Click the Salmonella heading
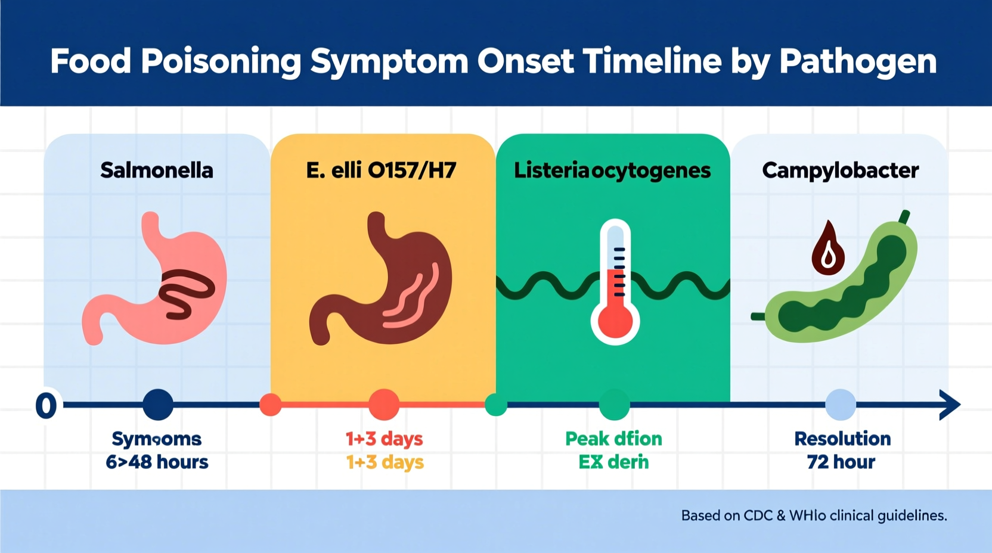pos(156,170)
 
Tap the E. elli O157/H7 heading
pos(381,170)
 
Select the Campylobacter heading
pos(840,170)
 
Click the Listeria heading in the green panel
pos(612,170)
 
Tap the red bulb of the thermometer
pos(615,322)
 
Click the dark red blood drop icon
pos(828,249)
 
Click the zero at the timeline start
pos(46,406)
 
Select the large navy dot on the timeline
pos(158,405)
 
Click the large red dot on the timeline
pos(384,405)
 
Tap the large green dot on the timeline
pos(614,405)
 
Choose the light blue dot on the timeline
pos(841,405)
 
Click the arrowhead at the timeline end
pos(949,405)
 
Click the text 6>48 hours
pos(157,462)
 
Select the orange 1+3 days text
pos(385,462)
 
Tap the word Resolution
pos(842,439)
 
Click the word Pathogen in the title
pos(858,61)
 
